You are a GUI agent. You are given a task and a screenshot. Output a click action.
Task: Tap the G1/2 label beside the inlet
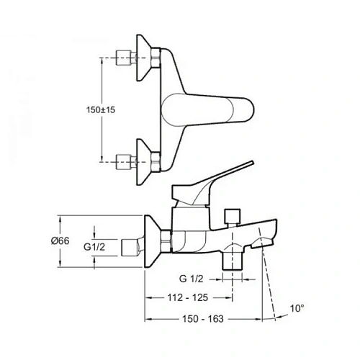[x=94, y=248]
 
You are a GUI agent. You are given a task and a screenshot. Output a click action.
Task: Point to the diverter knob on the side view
[x=232, y=215]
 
